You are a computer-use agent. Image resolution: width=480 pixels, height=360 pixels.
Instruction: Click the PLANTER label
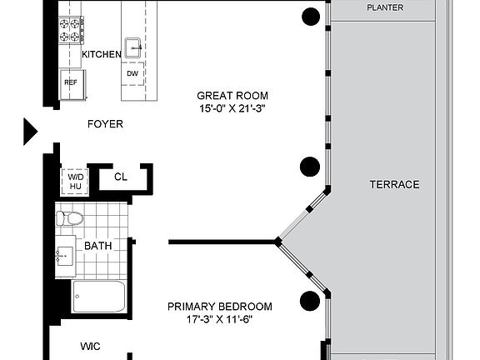pos(385,7)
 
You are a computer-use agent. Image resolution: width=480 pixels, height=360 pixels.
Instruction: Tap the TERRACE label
pos(394,185)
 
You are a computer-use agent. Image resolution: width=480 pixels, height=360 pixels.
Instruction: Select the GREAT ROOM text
pos(232,96)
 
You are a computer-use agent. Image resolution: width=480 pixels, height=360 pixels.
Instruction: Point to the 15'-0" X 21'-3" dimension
pos(232,108)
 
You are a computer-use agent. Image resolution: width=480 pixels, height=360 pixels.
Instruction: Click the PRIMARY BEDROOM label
pos(220,307)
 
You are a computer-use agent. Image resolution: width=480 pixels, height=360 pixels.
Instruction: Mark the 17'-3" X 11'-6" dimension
pos(219,320)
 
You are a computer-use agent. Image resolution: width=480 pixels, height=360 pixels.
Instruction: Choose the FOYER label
pos(105,124)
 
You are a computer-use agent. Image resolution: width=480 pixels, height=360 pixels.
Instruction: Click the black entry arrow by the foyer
pos(31,132)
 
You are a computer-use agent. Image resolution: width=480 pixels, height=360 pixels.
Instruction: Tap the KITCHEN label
pos(102,54)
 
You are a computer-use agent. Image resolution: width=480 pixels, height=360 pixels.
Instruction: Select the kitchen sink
pos(133,47)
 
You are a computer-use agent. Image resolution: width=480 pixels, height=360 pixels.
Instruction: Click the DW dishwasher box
pos(132,74)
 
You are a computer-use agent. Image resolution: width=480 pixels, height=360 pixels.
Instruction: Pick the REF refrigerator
pos(72,84)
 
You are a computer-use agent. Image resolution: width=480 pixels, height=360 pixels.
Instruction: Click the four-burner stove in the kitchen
pos(71,30)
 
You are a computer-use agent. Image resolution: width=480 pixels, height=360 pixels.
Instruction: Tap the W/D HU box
pos(75,182)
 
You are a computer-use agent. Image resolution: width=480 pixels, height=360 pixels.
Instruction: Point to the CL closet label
pos(121,177)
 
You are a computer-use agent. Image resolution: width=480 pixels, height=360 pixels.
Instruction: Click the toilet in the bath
pos(70,218)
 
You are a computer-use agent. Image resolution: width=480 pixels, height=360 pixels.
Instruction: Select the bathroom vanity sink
pos(65,256)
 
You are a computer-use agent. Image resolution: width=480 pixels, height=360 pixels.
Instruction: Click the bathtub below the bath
pos(99,297)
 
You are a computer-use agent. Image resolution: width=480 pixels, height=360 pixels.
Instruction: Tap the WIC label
pos(90,346)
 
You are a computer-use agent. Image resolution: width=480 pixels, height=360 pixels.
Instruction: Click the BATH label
pos(98,246)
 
